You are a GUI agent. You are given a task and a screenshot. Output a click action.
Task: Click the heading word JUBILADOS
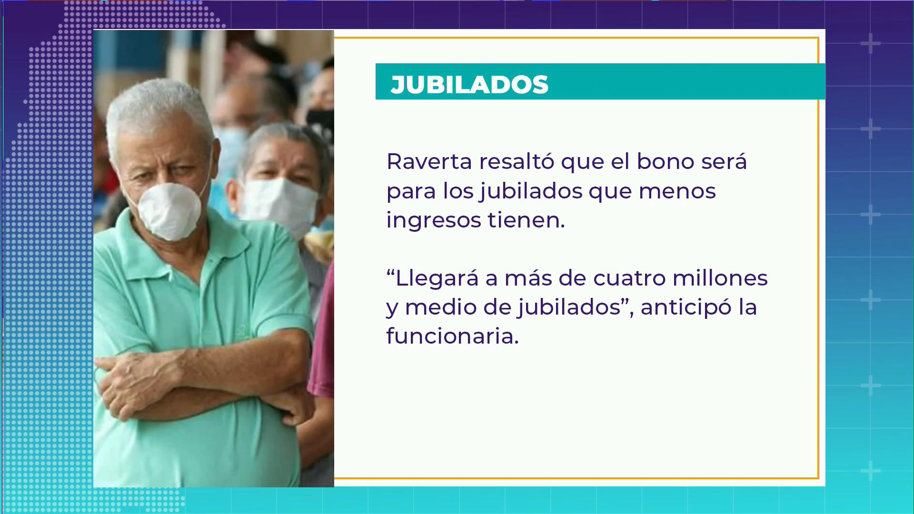pyautogui.click(x=469, y=85)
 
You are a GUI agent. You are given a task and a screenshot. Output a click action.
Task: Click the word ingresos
pyautogui.click(x=434, y=221)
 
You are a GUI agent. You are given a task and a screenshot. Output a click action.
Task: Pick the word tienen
pyautogui.click(x=526, y=220)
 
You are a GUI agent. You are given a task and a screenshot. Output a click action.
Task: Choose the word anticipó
pyautogui.click(x=686, y=308)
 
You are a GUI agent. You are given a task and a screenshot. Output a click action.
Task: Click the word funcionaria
pyautogui.click(x=452, y=336)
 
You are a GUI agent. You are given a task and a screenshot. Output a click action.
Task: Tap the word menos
pyautogui.click(x=677, y=192)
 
